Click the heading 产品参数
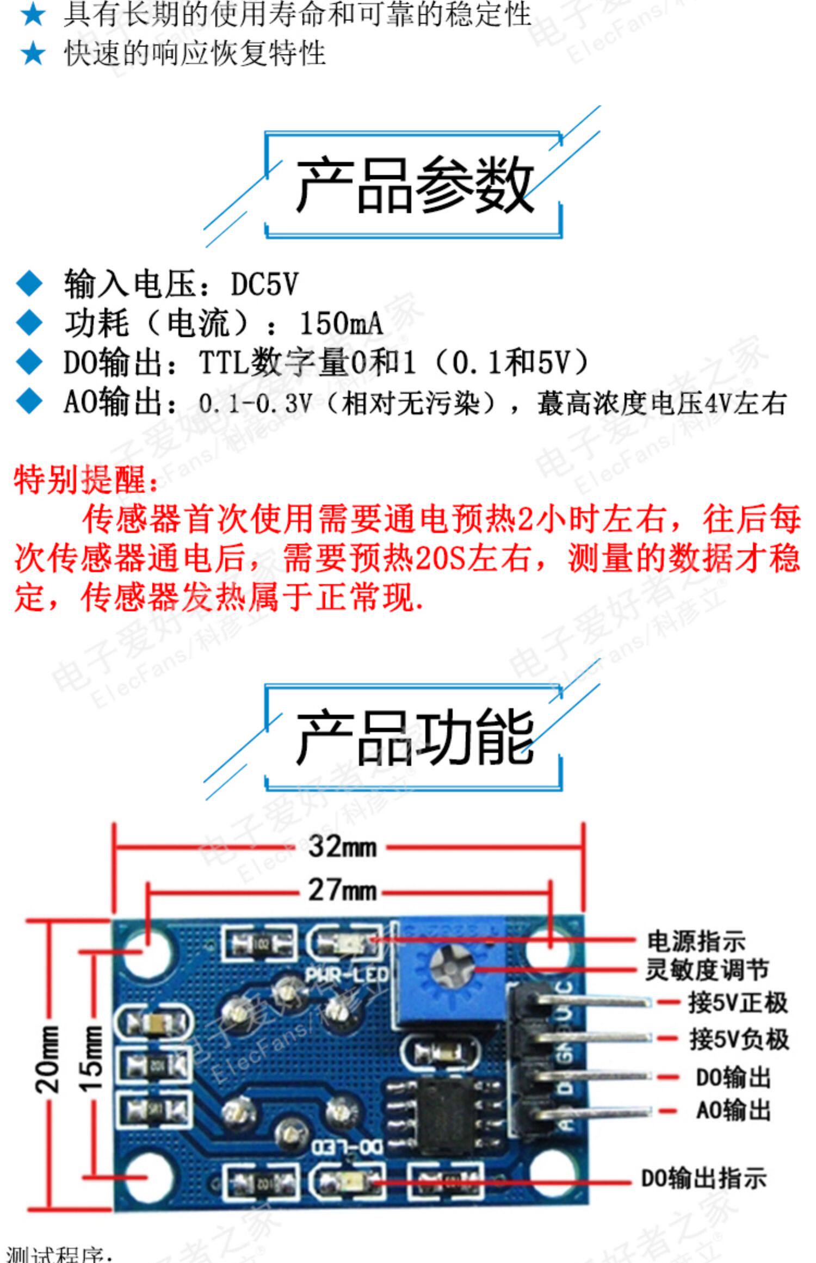point(413,185)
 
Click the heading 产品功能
point(413,738)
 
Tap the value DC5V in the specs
point(264,284)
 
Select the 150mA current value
point(341,323)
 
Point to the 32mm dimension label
point(342,847)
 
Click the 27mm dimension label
point(342,890)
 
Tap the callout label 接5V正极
point(738,1002)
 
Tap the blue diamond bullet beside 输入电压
point(29,284)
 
